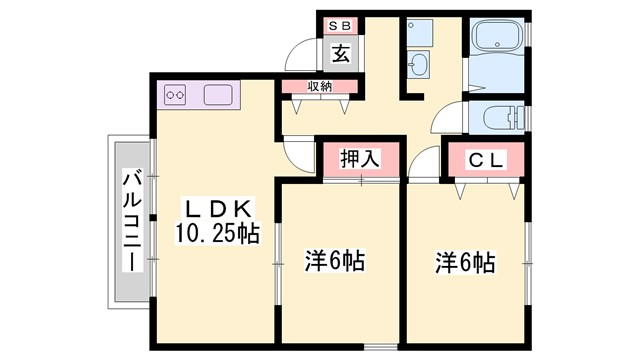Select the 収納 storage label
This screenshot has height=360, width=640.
[319, 88]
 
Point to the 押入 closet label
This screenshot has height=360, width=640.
[360, 159]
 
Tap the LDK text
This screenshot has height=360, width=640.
[219, 209]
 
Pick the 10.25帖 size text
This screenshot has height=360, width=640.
[219, 235]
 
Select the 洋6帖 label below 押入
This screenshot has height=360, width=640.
[334, 263]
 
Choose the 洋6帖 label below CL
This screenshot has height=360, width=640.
[465, 263]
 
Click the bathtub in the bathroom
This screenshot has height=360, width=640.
[496, 39]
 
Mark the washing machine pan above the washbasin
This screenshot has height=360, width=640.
[417, 31]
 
